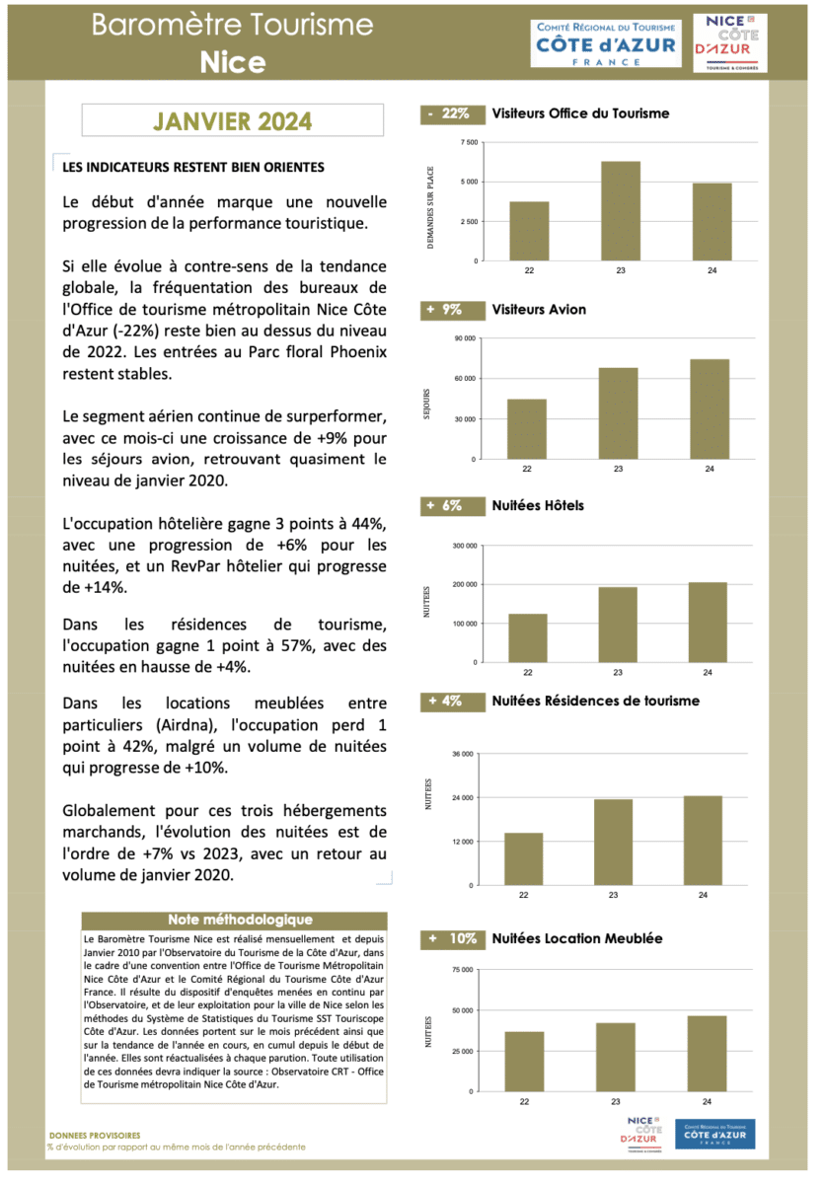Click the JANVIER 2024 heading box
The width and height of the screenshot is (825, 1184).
click(x=233, y=121)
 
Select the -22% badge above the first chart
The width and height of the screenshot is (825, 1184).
click(x=449, y=113)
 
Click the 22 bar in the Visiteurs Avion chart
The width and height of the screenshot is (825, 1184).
click(x=527, y=428)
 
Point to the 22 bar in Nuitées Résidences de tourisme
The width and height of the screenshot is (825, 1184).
click(x=524, y=857)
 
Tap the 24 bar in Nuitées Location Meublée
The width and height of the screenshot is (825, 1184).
click(x=707, y=1053)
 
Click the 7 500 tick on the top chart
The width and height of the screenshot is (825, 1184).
click(x=468, y=143)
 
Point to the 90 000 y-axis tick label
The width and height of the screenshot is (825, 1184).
click(x=464, y=338)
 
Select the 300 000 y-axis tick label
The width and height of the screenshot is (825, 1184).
click(x=464, y=545)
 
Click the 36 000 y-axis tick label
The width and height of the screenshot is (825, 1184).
click(x=464, y=754)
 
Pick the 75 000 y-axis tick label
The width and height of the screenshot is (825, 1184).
click(x=464, y=970)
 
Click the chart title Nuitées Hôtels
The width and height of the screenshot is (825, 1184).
click(x=538, y=505)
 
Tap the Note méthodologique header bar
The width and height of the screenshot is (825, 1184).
click(x=233, y=921)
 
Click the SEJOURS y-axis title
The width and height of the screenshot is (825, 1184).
click(x=427, y=405)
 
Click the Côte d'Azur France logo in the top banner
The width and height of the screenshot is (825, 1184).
click(x=606, y=42)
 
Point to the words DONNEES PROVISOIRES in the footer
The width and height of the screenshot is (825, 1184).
click(x=95, y=1136)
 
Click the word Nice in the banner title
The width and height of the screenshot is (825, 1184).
click(x=233, y=62)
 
